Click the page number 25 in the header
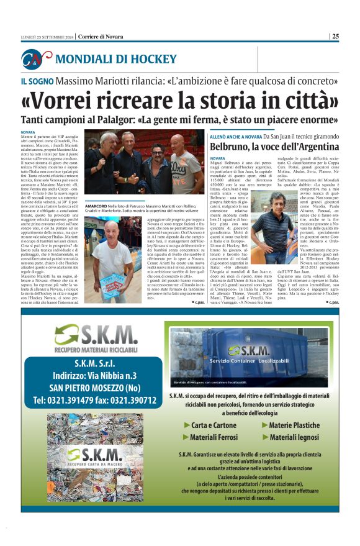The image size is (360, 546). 335,36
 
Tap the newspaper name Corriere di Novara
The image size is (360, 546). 102,36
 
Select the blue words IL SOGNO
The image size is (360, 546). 35,81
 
